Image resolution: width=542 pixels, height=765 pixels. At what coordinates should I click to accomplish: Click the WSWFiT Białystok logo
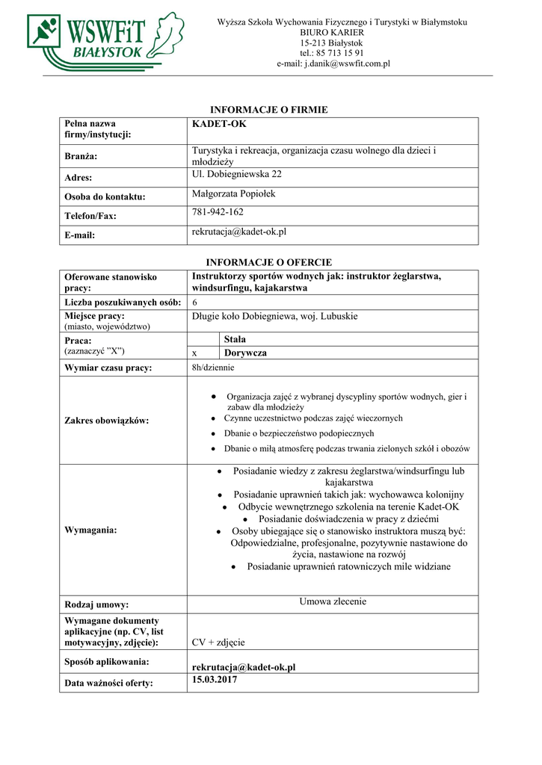(x=105, y=40)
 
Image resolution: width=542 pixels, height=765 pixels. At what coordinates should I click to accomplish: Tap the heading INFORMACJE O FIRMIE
(x=268, y=110)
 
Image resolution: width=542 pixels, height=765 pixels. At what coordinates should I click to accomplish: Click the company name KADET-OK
(x=219, y=124)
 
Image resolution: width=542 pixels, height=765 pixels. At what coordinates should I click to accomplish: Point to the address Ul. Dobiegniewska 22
(x=237, y=174)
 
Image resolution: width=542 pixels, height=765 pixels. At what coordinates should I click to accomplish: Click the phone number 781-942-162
(x=218, y=212)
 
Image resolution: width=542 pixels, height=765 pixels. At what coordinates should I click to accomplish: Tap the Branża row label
(x=81, y=157)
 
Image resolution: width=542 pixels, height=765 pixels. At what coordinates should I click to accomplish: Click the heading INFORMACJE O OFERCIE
(x=268, y=262)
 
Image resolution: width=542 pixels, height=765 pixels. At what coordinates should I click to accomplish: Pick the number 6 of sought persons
(x=194, y=302)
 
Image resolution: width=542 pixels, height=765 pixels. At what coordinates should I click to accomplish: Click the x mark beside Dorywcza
(x=194, y=353)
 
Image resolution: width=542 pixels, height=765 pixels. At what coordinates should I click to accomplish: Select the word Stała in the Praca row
(x=235, y=339)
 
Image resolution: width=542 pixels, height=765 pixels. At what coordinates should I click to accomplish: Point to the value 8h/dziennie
(x=213, y=368)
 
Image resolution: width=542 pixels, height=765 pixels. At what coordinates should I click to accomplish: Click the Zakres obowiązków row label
(x=106, y=421)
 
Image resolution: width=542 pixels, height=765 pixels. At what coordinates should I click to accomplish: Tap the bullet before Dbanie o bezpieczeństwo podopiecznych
(x=215, y=433)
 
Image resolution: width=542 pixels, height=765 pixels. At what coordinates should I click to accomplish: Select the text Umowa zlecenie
(x=333, y=601)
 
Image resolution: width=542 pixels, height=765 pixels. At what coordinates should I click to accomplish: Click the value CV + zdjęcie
(x=218, y=642)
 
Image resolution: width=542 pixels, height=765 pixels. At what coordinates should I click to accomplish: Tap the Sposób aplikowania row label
(x=106, y=662)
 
